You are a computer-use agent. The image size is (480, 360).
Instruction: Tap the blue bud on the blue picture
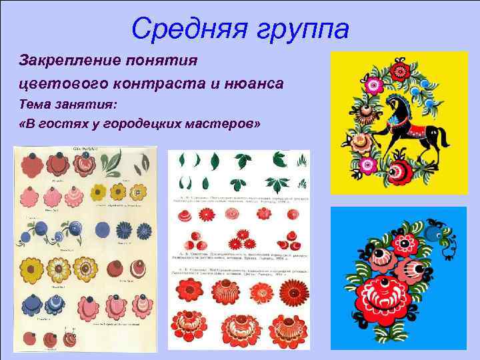tap(436, 232)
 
